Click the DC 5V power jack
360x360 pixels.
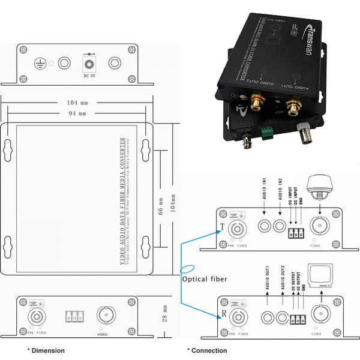pos(90,62)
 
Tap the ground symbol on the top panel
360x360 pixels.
pos(40,62)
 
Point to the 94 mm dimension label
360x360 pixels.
pos(77,113)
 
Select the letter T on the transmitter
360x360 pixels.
pos(223,226)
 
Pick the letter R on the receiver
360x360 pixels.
pos(223,313)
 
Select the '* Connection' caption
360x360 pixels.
pos(207,350)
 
